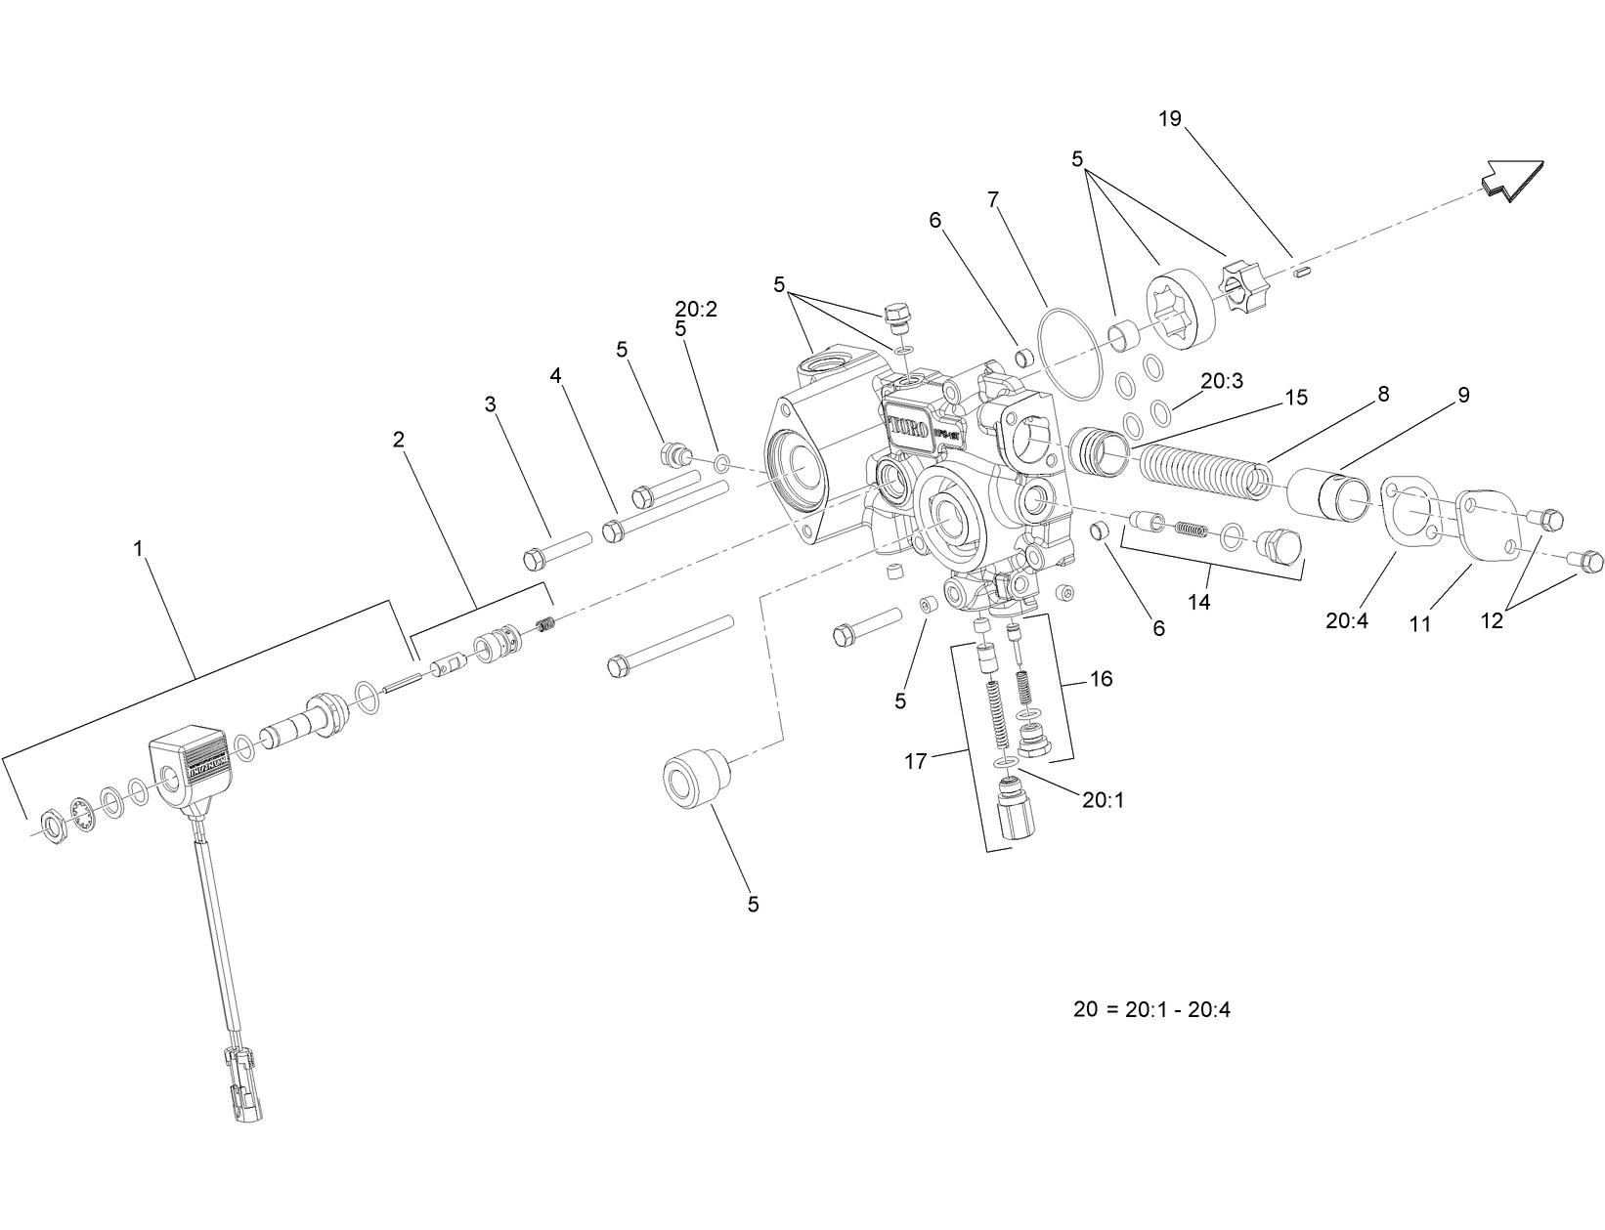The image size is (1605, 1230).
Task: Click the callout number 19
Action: click(1170, 119)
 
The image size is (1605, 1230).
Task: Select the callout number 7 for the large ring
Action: click(993, 200)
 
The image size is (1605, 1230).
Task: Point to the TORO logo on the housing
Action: click(909, 427)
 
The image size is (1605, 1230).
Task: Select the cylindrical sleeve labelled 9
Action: click(1330, 493)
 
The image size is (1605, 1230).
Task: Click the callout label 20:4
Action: click(1349, 620)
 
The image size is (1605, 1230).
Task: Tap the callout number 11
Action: click(1419, 623)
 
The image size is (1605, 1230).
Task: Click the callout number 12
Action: click(1492, 620)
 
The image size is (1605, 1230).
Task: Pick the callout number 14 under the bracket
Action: click(1198, 602)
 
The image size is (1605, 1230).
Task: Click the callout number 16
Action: click(1101, 678)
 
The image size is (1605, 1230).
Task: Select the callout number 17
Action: click(915, 761)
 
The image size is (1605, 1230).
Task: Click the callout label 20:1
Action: click(1103, 800)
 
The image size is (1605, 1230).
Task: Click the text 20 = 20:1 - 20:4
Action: click(1151, 1010)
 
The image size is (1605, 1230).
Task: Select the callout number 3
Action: click(491, 403)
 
